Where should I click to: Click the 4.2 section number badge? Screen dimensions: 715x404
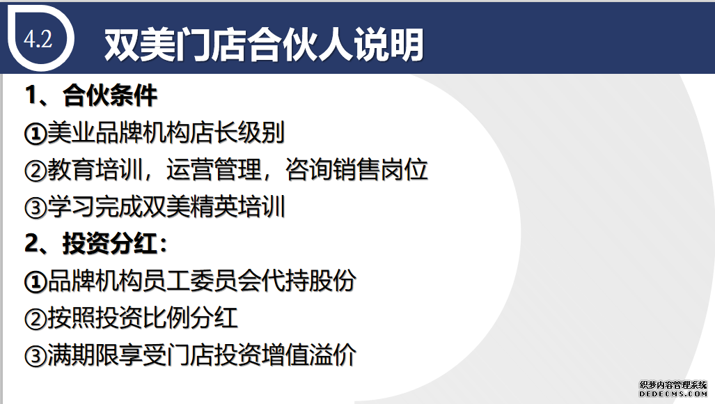pyautogui.click(x=38, y=39)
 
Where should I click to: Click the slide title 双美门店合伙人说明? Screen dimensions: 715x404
pyautogui.click(x=264, y=44)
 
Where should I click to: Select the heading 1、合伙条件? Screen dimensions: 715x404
pyautogui.click(x=91, y=95)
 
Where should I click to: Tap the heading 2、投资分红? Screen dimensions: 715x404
pyautogui.click(x=96, y=244)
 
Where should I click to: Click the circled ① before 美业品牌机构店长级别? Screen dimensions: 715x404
pyautogui.click(x=36, y=134)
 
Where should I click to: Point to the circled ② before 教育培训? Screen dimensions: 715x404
pyautogui.click(x=36, y=171)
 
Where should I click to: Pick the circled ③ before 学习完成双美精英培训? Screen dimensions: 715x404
pyautogui.click(x=36, y=208)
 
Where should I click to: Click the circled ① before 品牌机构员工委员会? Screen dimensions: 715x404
pyautogui.click(x=36, y=282)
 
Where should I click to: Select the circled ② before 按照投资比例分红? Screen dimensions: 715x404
pyautogui.click(x=36, y=319)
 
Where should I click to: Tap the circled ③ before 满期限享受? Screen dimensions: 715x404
pyautogui.click(x=36, y=356)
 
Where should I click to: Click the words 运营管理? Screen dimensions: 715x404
pyautogui.click(x=214, y=170)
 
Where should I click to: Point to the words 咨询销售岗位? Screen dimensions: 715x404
pyautogui.click(x=356, y=170)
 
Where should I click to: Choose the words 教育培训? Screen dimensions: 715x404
pyautogui.click(x=95, y=170)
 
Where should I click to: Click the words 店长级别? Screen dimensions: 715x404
pyautogui.click(x=237, y=132)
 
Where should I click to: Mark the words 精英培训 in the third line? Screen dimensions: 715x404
pyautogui.click(x=237, y=207)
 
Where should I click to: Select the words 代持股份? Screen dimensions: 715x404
pyautogui.click(x=308, y=281)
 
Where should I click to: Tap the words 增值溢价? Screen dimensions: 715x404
pyautogui.click(x=308, y=355)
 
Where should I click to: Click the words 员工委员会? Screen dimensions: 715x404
pyautogui.click(x=202, y=281)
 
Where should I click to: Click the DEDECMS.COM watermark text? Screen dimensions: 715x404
pyautogui.click(x=673, y=394)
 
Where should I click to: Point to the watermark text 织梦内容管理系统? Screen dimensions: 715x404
pyautogui.click(x=673, y=385)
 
